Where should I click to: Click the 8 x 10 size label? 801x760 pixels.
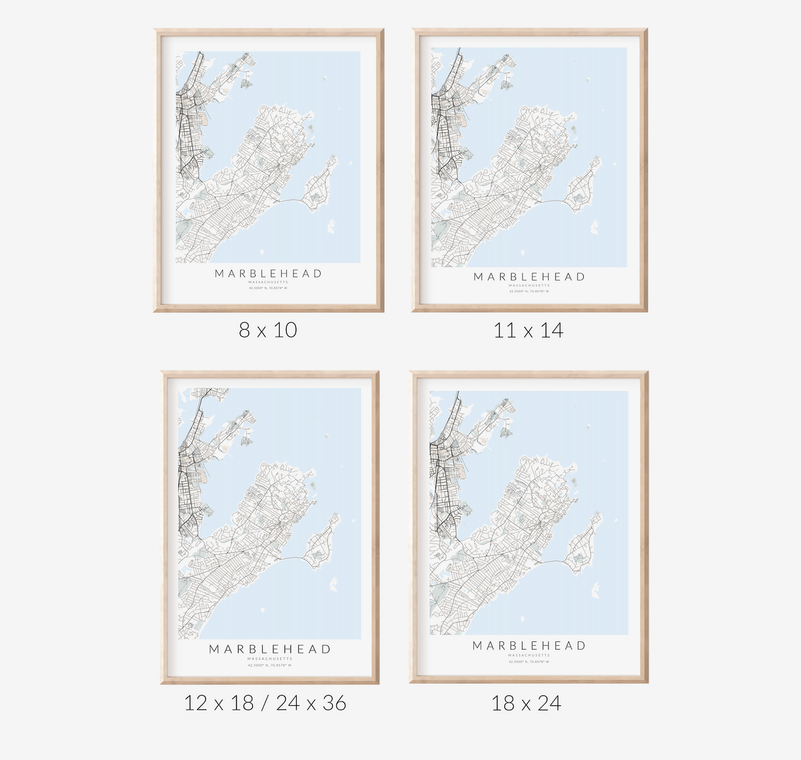click(268, 330)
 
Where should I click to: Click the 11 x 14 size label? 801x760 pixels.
click(528, 331)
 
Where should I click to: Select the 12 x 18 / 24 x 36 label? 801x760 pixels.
click(265, 703)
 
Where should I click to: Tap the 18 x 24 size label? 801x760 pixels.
click(526, 703)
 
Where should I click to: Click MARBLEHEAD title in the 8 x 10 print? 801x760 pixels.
click(268, 274)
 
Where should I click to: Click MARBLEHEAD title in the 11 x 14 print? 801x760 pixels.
click(529, 277)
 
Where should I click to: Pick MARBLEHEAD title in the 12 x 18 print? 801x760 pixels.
click(270, 649)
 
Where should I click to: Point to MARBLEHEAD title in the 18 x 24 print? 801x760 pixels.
click(529, 646)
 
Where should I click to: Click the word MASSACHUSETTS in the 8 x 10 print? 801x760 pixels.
click(268, 283)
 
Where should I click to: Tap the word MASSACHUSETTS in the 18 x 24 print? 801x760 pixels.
click(529, 655)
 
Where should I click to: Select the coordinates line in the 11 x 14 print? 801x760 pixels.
click(529, 291)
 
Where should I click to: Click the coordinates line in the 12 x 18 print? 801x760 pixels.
click(270, 665)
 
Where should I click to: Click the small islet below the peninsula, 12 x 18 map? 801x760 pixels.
click(334, 584)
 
